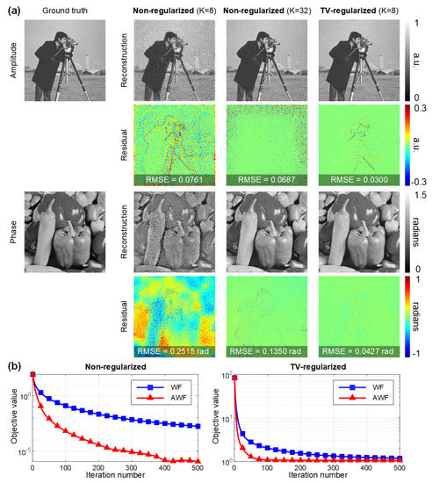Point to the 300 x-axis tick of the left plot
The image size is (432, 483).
137,468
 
